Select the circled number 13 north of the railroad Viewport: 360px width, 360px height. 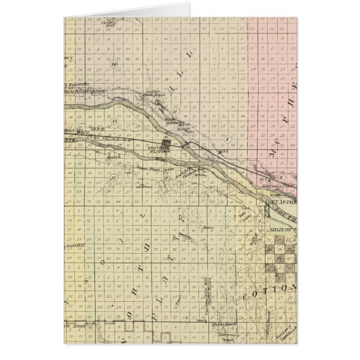click(115, 121)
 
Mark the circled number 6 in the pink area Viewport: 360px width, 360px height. click(281, 177)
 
